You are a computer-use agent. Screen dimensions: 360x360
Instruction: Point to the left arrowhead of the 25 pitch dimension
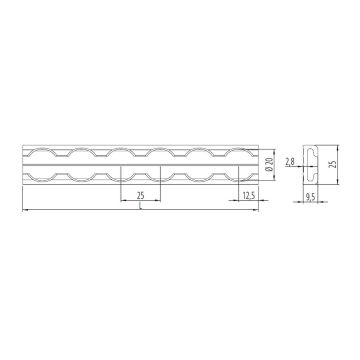tap(122, 200)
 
